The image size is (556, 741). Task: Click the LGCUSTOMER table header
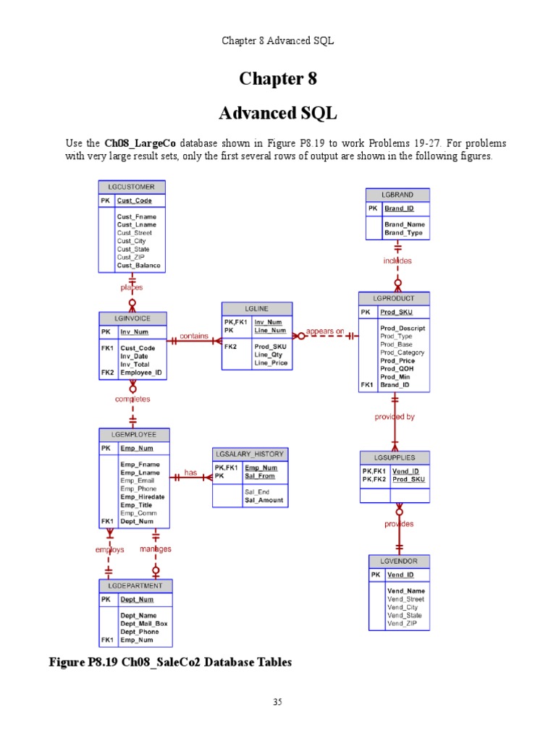pyautogui.click(x=132, y=187)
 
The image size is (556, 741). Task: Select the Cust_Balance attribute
pyautogui.click(x=139, y=266)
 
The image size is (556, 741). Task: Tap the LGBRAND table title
pyautogui.click(x=397, y=195)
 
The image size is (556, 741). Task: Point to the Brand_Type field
pyautogui.click(x=405, y=233)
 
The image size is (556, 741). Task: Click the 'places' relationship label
pyautogui.click(x=132, y=287)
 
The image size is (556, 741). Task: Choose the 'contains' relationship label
pyautogui.click(x=194, y=336)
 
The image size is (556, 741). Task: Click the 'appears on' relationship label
pyautogui.click(x=325, y=331)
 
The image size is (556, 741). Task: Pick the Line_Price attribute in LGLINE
pyautogui.click(x=271, y=363)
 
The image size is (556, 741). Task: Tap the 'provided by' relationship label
pyautogui.click(x=395, y=417)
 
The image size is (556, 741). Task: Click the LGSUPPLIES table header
pyautogui.click(x=395, y=457)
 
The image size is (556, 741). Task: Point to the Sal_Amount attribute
pyautogui.click(x=264, y=500)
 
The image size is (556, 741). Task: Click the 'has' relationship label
pyautogui.click(x=190, y=473)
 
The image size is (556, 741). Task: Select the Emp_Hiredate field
pyautogui.click(x=142, y=496)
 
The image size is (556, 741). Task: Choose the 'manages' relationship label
pyautogui.click(x=156, y=549)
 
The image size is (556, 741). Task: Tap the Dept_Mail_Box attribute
pyautogui.click(x=143, y=624)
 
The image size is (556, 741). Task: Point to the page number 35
pyautogui.click(x=277, y=702)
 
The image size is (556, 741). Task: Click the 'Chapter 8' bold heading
pyautogui.click(x=278, y=78)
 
